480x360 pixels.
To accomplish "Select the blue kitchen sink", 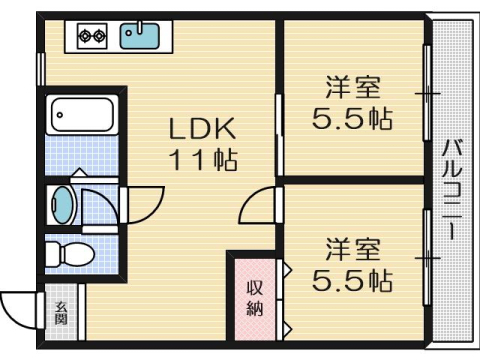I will pos(138,37).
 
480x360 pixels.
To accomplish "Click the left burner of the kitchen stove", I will pos(85,38).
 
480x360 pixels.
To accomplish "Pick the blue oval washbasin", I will pos(62,204).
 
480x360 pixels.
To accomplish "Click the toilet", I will pos(67,250).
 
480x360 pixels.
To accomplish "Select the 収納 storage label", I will pos(254,299).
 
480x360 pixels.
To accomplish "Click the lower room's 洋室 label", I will pos(351,247).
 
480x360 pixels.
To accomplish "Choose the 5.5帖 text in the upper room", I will pos(351,119).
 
